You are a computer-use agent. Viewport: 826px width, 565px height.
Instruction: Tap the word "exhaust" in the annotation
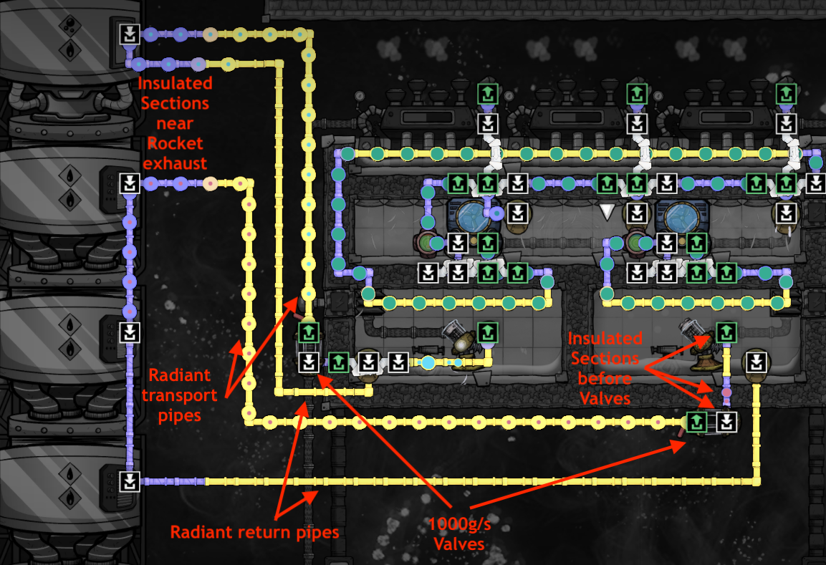click(x=175, y=163)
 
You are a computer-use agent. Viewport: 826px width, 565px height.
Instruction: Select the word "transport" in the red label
click(x=179, y=395)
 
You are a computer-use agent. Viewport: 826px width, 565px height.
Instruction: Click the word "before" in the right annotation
click(x=605, y=378)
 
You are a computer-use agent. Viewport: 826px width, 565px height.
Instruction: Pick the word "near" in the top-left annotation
click(x=175, y=123)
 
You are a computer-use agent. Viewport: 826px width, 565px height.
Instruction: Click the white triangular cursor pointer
click(x=607, y=211)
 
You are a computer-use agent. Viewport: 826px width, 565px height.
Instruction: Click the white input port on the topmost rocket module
click(x=129, y=34)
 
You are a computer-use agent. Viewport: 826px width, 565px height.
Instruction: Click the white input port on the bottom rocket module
click(x=129, y=480)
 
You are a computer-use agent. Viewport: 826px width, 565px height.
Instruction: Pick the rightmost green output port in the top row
click(x=786, y=93)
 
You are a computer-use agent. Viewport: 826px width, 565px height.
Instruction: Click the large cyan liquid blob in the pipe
click(x=428, y=362)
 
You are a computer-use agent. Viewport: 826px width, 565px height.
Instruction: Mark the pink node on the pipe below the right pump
click(x=726, y=392)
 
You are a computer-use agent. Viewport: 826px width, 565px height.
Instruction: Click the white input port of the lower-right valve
click(x=726, y=421)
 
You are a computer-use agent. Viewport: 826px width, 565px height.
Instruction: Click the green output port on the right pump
click(x=726, y=332)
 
